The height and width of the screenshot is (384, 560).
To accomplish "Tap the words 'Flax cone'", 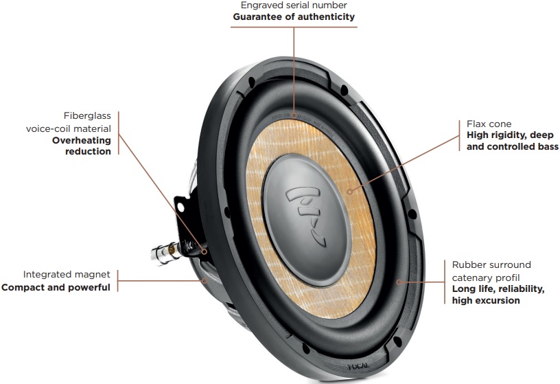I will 489,124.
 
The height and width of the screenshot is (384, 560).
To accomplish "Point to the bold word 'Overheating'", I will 82,139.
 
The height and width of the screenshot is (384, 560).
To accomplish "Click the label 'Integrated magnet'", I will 67,275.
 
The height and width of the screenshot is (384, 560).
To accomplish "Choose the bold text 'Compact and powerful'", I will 56,287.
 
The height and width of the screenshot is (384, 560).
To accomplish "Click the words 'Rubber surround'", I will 491,264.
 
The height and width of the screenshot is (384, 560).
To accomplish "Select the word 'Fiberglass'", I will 87,116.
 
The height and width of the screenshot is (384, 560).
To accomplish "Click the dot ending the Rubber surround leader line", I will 399,281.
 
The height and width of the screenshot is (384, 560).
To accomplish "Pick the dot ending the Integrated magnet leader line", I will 205,280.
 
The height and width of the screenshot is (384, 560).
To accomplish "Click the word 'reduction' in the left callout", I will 89,151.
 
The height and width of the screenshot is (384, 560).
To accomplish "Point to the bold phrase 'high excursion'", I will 487,300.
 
